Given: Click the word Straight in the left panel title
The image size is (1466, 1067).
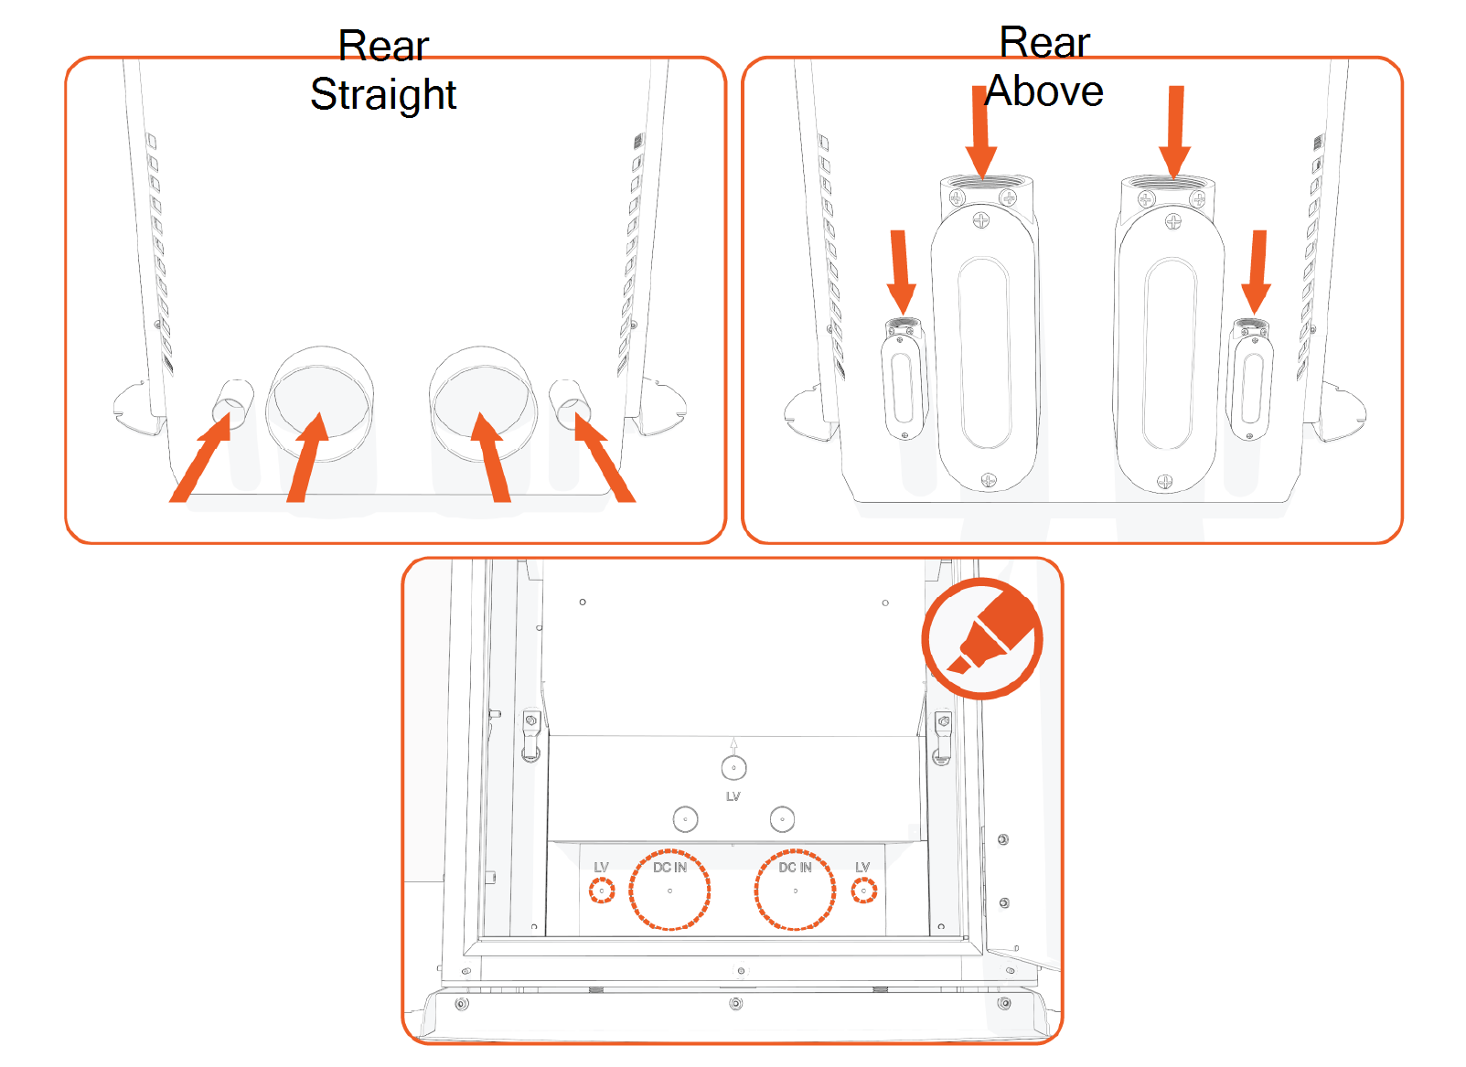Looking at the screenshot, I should click(x=382, y=94).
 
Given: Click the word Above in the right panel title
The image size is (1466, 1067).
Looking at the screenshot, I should click(x=1043, y=91).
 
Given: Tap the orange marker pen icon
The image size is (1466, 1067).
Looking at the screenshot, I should click(x=983, y=638).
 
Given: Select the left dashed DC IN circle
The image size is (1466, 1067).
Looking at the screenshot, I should click(x=669, y=890).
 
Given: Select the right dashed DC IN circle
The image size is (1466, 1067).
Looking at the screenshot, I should click(x=795, y=890).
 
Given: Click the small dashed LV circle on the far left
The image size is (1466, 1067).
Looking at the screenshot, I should click(x=601, y=890).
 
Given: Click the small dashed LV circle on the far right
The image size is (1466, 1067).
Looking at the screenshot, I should click(x=864, y=890).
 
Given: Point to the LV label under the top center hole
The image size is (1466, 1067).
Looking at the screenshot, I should click(x=733, y=796).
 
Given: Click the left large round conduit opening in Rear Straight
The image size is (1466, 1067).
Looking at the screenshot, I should click(x=319, y=402).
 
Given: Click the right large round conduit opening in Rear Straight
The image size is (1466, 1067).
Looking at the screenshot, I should click(x=483, y=402).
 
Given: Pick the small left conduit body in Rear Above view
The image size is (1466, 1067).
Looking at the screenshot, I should click(x=903, y=379).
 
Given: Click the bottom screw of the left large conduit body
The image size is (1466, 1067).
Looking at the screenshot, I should click(x=988, y=479).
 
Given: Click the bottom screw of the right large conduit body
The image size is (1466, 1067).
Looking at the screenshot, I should click(x=1164, y=482).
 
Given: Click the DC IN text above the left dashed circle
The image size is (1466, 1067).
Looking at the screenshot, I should click(x=669, y=867).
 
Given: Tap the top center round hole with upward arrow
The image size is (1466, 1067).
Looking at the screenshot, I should click(x=733, y=767).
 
